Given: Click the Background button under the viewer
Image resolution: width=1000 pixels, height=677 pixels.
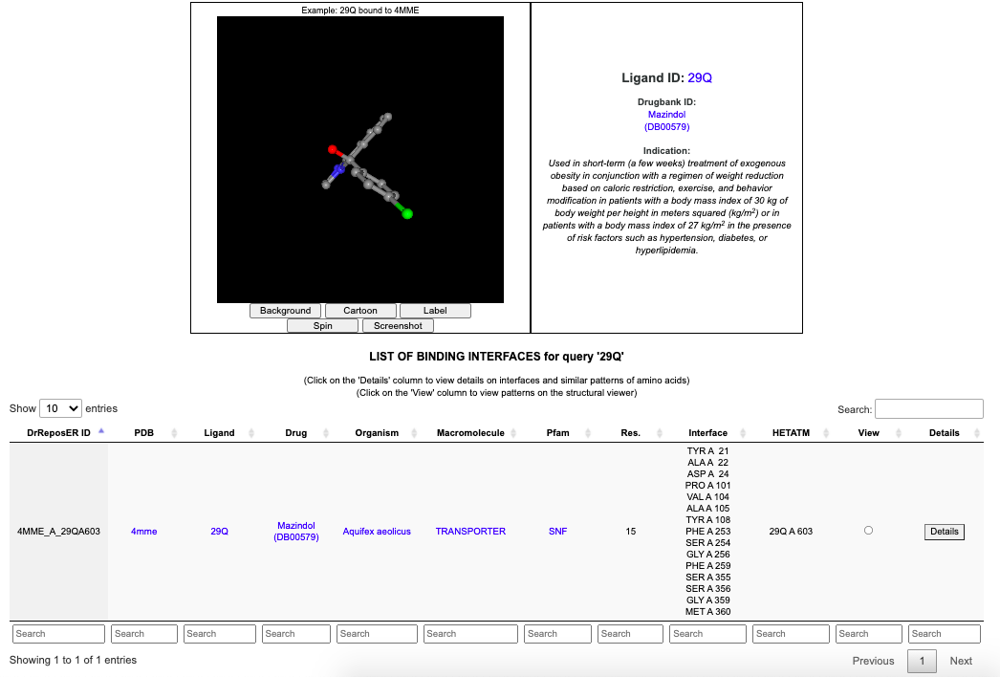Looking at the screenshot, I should click(285, 311).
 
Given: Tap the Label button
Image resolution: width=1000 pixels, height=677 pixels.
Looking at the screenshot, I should click(435, 311).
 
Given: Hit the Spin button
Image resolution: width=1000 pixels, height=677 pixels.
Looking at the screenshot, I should click(323, 326).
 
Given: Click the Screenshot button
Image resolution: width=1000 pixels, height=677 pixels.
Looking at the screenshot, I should click(398, 326).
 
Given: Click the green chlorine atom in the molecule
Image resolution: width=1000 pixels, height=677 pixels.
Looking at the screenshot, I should click(407, 214).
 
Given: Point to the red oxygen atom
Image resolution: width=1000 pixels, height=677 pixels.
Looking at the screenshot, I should click(333, 150).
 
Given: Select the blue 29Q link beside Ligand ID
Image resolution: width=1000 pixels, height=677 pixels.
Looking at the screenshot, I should click(700, 78).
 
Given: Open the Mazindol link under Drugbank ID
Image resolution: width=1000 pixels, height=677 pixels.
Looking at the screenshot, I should click(666, 115).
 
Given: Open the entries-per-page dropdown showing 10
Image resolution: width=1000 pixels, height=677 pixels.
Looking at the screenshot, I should click(61, 408).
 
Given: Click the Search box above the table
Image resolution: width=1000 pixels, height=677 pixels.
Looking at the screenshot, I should click(928, 409).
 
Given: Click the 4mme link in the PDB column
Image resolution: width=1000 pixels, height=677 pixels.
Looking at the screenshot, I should click(144, 532).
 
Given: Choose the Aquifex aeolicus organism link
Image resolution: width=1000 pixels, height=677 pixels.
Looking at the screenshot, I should click(377, 532).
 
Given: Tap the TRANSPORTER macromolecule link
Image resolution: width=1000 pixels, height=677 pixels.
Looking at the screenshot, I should click(470, 532).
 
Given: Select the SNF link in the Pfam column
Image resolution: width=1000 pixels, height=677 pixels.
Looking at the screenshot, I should click(557, 532).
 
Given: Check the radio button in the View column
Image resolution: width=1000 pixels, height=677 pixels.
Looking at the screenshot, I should click(868, 531).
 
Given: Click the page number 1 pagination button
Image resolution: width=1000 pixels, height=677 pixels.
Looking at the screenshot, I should click(922, 661).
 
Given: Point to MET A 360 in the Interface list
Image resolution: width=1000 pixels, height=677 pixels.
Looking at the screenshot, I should click(708, 612).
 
